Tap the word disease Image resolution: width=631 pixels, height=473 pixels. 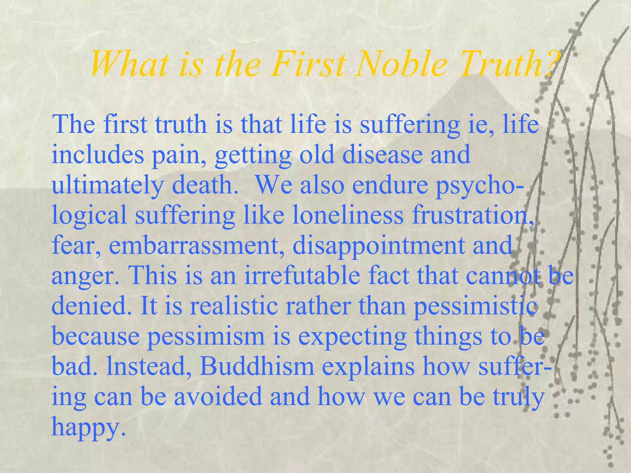pos(382,155)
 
